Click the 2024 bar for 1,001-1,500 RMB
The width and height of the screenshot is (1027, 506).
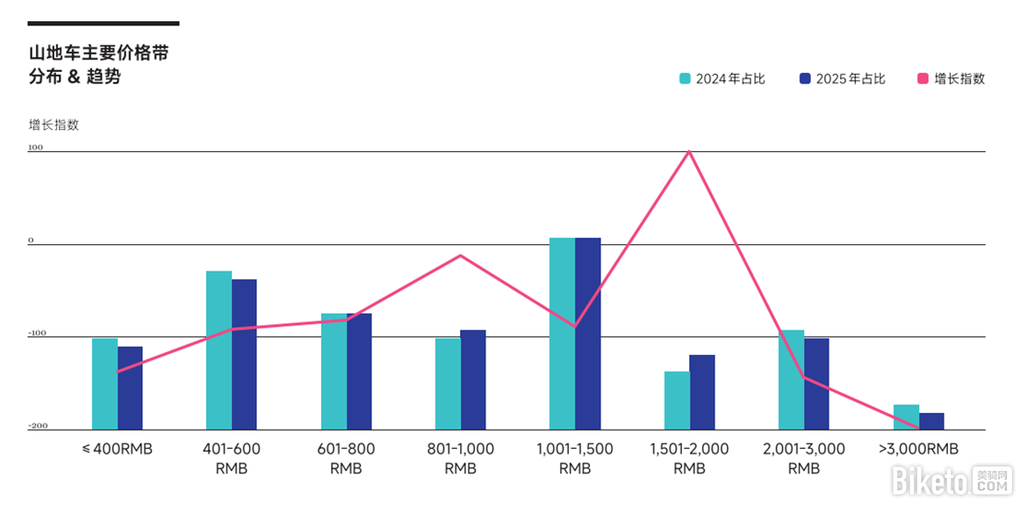click(x=562, y=333)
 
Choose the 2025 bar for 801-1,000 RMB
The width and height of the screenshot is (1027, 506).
click(x=473, y=379)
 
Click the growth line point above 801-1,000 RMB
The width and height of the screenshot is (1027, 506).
click(x=461, y=256)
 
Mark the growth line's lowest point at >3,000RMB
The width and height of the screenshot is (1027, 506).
click(x=919, y=428)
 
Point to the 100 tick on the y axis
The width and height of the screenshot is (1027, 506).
click(x=35, y=148)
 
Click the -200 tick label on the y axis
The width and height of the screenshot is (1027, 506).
click(x=37, y=426)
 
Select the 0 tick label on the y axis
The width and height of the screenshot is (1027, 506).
click(x=31, y=240)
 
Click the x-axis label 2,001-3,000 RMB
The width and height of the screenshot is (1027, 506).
click(x=804, y=459)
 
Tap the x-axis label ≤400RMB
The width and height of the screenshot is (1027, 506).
click(x=118, y=449)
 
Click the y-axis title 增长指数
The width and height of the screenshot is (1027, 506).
click(x=54, y=125)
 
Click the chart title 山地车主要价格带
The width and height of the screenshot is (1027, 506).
click(x=98, y=54)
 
